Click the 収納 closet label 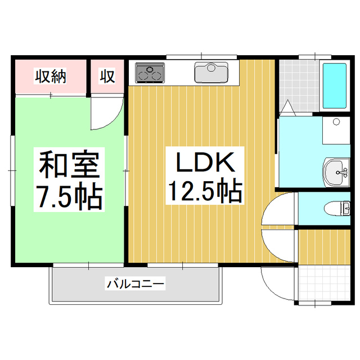(51, 76)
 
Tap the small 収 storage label (107, 76)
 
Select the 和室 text (69, 164)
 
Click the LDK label (205, 163)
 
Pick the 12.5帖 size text (205, 191)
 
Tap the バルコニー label (136, 283)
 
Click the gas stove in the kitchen (150, 73)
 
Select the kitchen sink (211, 72)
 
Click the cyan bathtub (334, 85)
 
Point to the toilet (337, 209)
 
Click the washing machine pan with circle (336, 130)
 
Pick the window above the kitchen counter (201, 57)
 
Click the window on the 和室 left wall (12, 170)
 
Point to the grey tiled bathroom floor (299, 85)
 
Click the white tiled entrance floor (325, 283)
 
